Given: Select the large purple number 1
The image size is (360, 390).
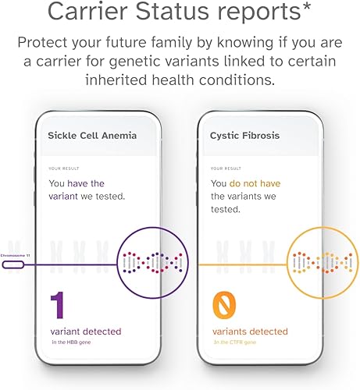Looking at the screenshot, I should (x=57, y=307).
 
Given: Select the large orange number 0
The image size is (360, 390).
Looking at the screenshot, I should (x=225, y=307).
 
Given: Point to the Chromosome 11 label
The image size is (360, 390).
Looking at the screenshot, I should (x=16, y=255).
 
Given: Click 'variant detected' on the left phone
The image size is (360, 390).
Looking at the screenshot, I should (x=85, y=331).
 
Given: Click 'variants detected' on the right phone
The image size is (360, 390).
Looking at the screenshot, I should (x=249, y=331).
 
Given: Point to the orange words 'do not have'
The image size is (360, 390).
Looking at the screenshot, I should (x=254, y=183).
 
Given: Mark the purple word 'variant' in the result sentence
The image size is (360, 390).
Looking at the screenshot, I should (x=68, y=197).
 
